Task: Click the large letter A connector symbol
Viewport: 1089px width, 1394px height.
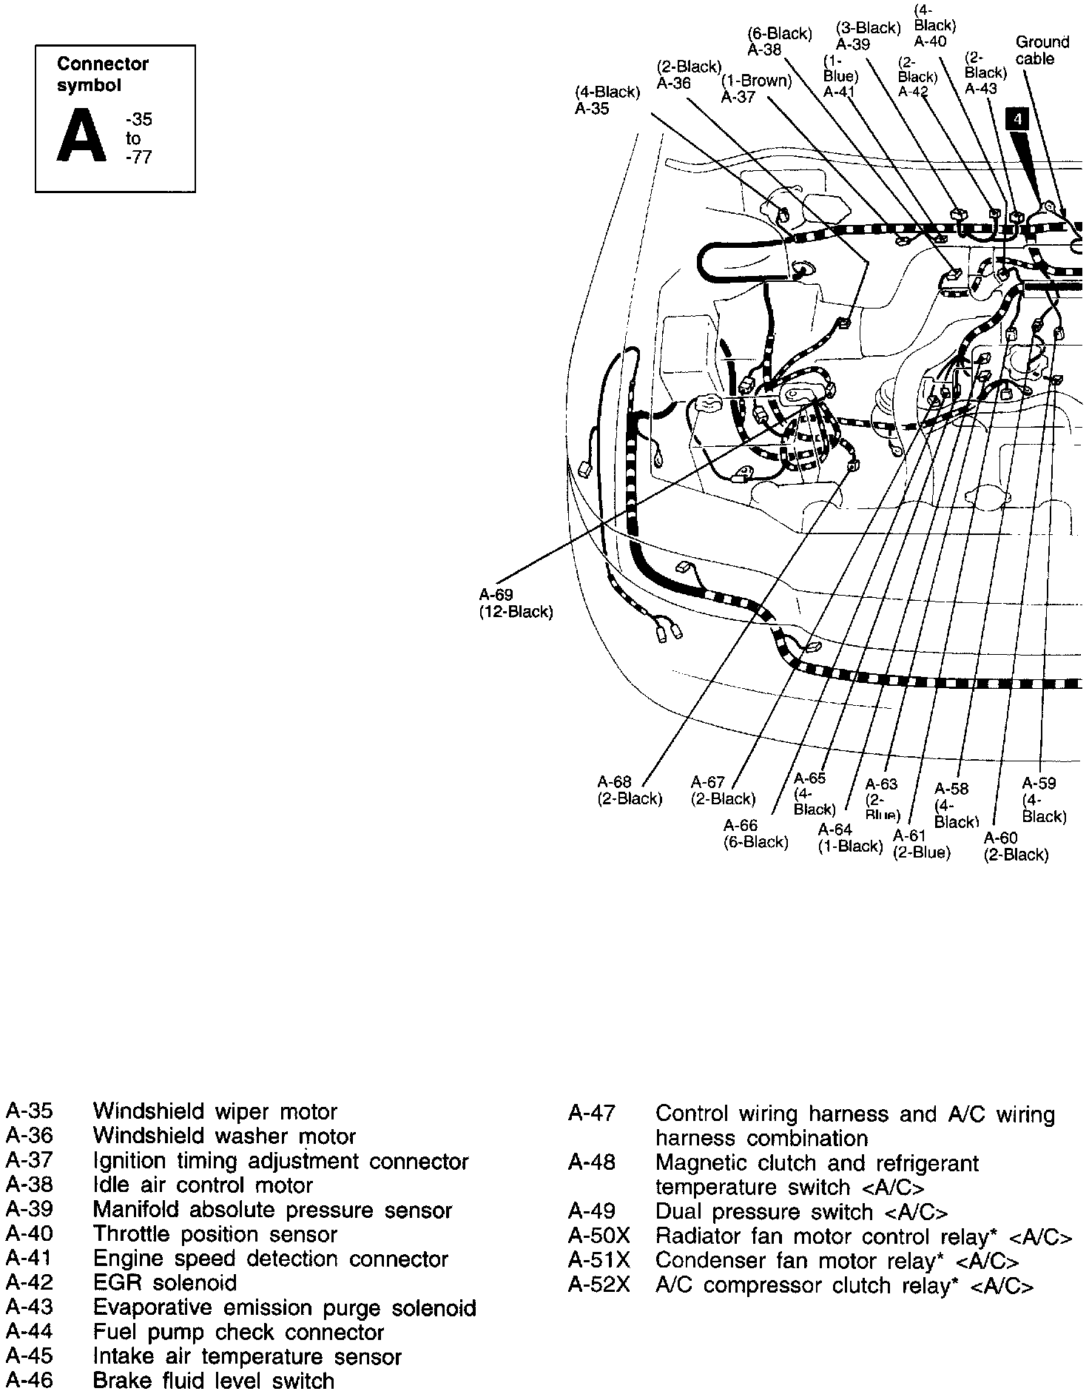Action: coord(81,137)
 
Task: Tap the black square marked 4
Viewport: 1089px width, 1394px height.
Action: coord(1018,119)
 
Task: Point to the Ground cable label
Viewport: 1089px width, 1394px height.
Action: coord(1042,50)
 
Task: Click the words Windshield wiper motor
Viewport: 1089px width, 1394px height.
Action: coord(215,1111)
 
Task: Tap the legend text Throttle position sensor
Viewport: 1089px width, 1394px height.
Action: coord(215,1233)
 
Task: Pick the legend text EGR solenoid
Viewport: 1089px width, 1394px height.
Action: coord(164,1282)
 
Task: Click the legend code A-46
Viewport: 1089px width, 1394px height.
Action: coord(30,1380)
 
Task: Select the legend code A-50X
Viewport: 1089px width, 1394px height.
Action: coord(599,1236)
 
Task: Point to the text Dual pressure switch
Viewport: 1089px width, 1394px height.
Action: coord(764,1212)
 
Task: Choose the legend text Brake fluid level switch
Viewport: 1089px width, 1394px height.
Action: coord(213,1380)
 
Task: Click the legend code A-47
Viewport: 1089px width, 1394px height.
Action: coord(592,1114)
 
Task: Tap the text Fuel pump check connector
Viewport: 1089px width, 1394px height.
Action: coord(238,1332)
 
